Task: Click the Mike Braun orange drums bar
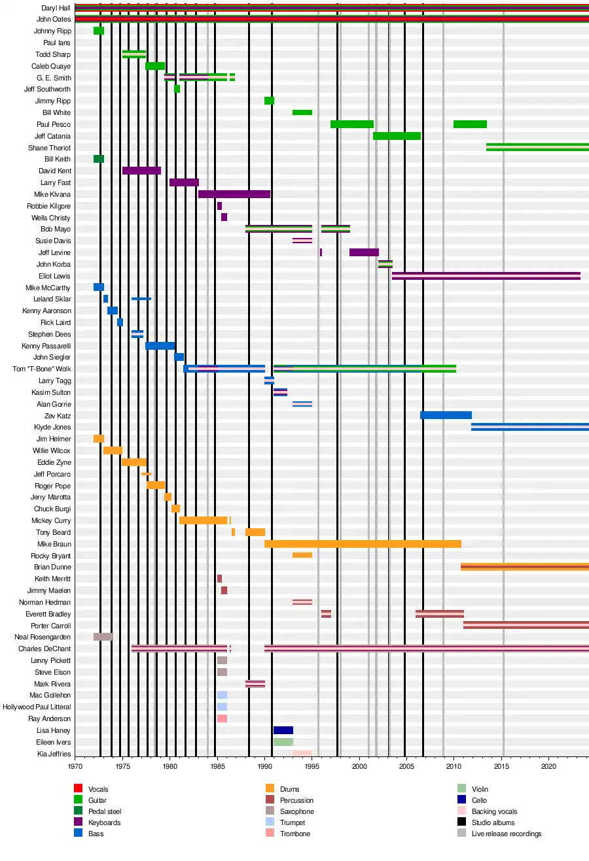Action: click(363, 544)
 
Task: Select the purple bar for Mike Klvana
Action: click(234, 194)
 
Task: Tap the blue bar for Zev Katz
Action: click(446, 415)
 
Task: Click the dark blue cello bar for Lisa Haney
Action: click(283, 730)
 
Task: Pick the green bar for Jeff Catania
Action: click(397, 136)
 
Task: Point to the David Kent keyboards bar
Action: click(141, 171)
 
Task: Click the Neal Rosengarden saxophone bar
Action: click(103, 637)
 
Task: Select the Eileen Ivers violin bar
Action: click(283, 742)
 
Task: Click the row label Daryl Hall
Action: click(56, 8)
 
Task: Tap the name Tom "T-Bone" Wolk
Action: click(42, 369)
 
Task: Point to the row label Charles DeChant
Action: click(45, 649)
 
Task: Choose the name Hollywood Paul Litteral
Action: click(37, 707)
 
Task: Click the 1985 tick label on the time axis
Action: click(217, 766)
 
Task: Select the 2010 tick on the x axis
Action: click(454, 766)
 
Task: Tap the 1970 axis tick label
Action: click(75, 766)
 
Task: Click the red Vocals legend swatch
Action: click(78, 788)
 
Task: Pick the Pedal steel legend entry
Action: click(105, 811)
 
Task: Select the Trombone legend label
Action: click(294, 834)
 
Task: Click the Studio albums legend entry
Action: click(493, 822)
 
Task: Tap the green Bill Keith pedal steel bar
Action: click(99, 159)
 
